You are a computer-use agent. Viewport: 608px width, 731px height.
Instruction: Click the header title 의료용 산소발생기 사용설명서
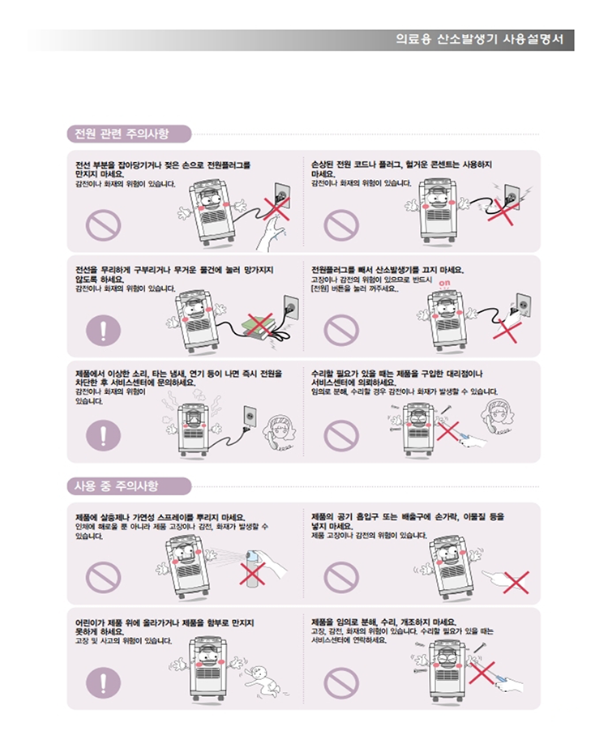point(480,40)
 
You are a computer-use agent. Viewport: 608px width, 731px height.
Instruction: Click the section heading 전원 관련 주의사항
point(122,134)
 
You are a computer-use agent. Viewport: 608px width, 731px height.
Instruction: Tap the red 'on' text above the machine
point(444,283)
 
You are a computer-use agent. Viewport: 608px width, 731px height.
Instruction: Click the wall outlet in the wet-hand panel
point(281,196)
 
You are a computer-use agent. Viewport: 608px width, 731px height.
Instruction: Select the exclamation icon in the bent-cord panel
point(104,330)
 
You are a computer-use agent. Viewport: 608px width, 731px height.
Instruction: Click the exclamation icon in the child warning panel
point(104,682)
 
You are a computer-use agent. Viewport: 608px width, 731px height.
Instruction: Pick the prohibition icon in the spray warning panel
point(104,577)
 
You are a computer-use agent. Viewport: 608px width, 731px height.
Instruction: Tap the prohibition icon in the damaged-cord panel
point(341,225)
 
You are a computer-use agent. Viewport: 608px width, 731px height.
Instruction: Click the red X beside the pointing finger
point(516,582)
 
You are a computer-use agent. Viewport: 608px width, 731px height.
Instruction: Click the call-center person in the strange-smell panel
point(280,433)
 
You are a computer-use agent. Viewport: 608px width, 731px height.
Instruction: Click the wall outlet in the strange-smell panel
point(250,417)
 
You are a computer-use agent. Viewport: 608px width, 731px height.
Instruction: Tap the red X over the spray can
point(252,574)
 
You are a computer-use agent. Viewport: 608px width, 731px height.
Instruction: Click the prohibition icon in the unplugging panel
point(341,330)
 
